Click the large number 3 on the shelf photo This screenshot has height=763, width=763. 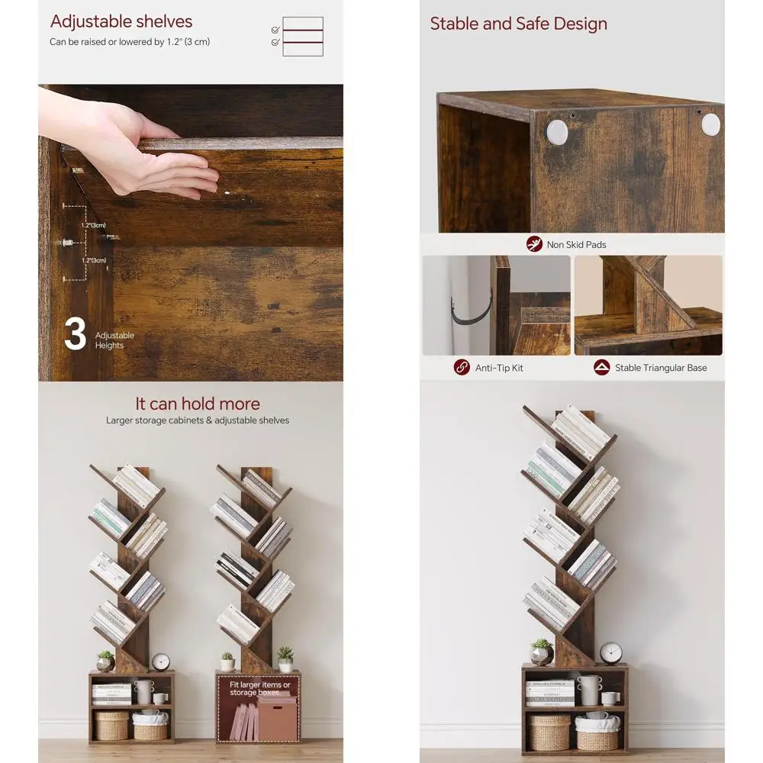coord(75,335)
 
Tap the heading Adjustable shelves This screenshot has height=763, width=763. coord(121,21)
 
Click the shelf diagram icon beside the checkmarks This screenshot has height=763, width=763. coord(303,37)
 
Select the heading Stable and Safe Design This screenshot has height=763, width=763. coord(519,24)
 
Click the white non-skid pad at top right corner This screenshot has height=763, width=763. coord(710,124)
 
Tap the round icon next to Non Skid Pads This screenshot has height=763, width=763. coord(534,244)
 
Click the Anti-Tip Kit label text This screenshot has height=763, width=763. coord(499,368)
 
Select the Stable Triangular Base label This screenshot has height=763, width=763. coord(661,368)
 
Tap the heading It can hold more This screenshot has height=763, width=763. coord(198,404)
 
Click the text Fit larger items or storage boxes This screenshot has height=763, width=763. coord(260,689)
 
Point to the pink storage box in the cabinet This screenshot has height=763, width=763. coord(276,718)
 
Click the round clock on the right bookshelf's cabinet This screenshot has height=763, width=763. coord(610,652)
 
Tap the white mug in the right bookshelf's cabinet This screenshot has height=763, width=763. coord(610,697)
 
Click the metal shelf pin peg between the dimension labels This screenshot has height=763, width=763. coord(66,243)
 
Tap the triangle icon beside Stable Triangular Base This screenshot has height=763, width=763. coord(602,368)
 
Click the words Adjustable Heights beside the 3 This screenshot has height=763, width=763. coord(114,340)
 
